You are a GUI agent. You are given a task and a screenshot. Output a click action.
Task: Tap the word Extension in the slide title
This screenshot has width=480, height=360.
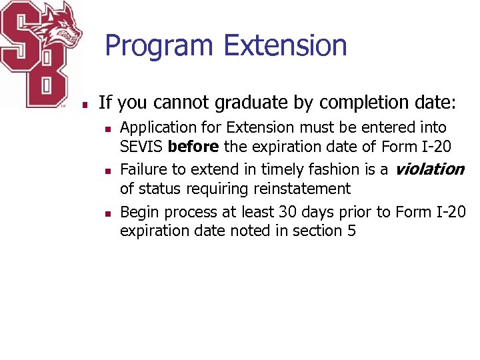tap(285, 45)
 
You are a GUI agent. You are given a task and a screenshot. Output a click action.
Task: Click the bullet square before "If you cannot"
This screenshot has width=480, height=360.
tap(85, 105)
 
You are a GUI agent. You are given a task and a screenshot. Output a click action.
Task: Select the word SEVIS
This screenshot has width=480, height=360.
tap(142, 147)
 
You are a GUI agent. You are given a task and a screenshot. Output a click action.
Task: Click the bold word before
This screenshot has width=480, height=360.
tap(193, 147)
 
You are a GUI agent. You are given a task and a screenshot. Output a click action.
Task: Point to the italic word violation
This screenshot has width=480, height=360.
tap(429, 169)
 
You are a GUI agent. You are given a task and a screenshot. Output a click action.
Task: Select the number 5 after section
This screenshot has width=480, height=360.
tap(352, 231)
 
